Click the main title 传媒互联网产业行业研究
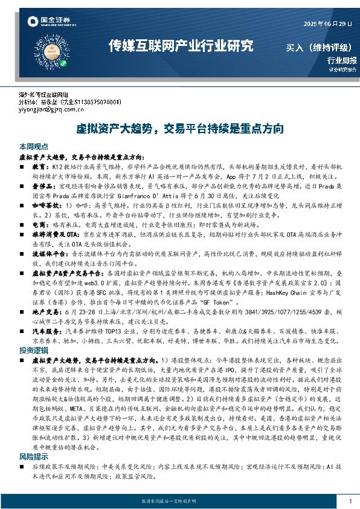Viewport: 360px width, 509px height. click(x=180, y=47)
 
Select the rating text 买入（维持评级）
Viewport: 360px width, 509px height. click(x=321, y=47)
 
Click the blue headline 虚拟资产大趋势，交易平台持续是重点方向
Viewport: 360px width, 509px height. click(x=179, y=128)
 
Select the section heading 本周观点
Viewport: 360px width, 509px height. click(x=34, y=147)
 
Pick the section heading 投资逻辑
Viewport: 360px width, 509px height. click(x=34, y=351)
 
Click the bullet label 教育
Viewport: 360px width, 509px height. click(x=40, y=166)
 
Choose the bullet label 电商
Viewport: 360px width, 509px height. click(x=40, y=223)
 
